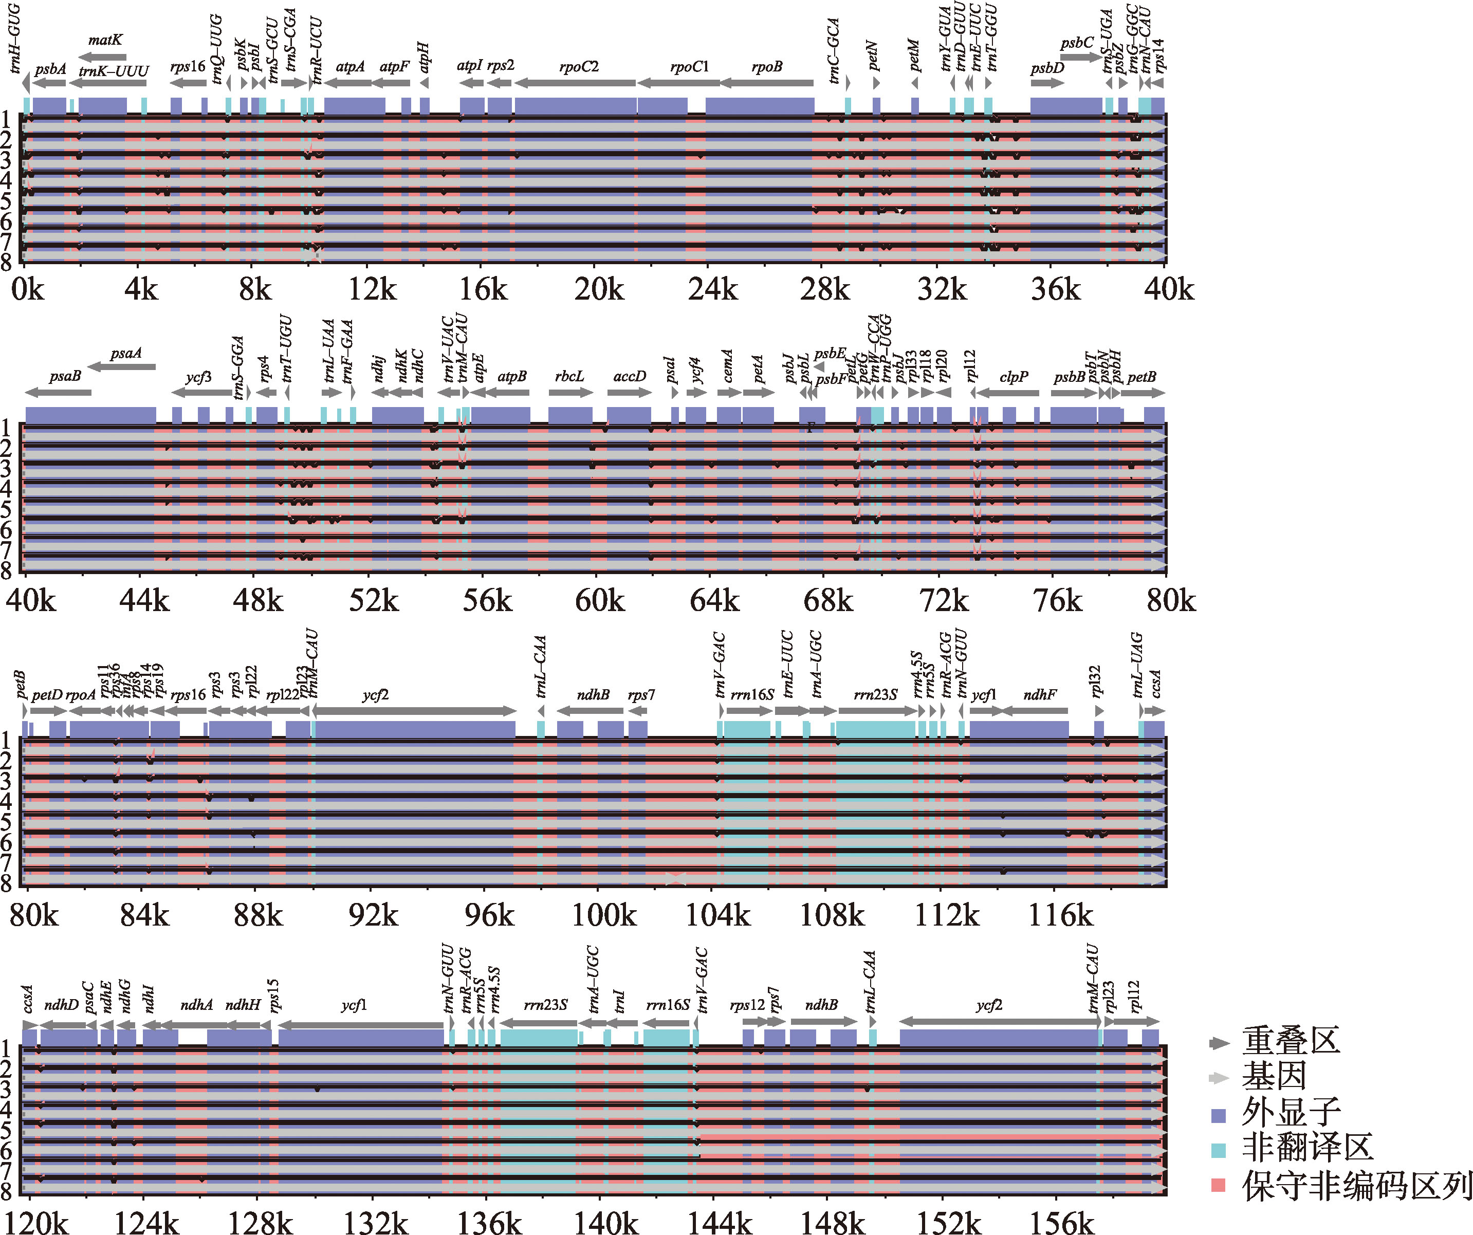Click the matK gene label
[105, 40]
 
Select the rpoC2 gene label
[579, 67]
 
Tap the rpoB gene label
[767, 67]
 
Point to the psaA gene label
[126, 353]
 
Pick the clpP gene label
[1014, 377]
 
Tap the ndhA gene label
[196, 1004]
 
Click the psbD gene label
[1047, 68]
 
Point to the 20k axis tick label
[598, 289]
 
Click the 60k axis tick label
[600, 600]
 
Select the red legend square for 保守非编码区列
[1219, 1185]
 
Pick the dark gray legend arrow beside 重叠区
[1219, 1043]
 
